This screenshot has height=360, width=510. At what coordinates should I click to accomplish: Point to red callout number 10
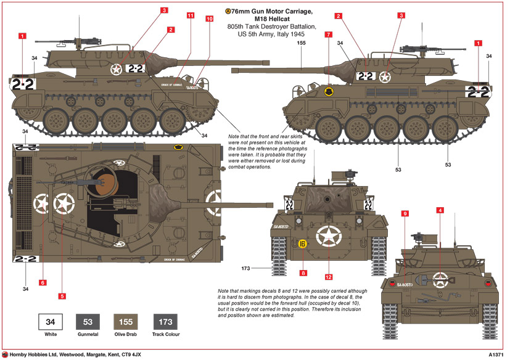coord(210,19)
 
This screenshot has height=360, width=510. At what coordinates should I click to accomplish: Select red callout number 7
coord(328,35)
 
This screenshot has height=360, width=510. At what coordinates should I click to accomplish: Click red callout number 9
coord(405,213)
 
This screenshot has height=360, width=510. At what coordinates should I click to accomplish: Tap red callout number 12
coord(329,277)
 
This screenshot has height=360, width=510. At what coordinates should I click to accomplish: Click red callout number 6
coord(43,282)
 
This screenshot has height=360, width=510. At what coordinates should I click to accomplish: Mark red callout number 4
coord(440,210)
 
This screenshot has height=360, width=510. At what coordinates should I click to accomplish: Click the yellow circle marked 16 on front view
coord(302,243)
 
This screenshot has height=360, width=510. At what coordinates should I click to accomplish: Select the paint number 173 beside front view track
coord(247,268)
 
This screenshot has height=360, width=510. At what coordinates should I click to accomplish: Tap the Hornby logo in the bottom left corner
coord(6,354)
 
